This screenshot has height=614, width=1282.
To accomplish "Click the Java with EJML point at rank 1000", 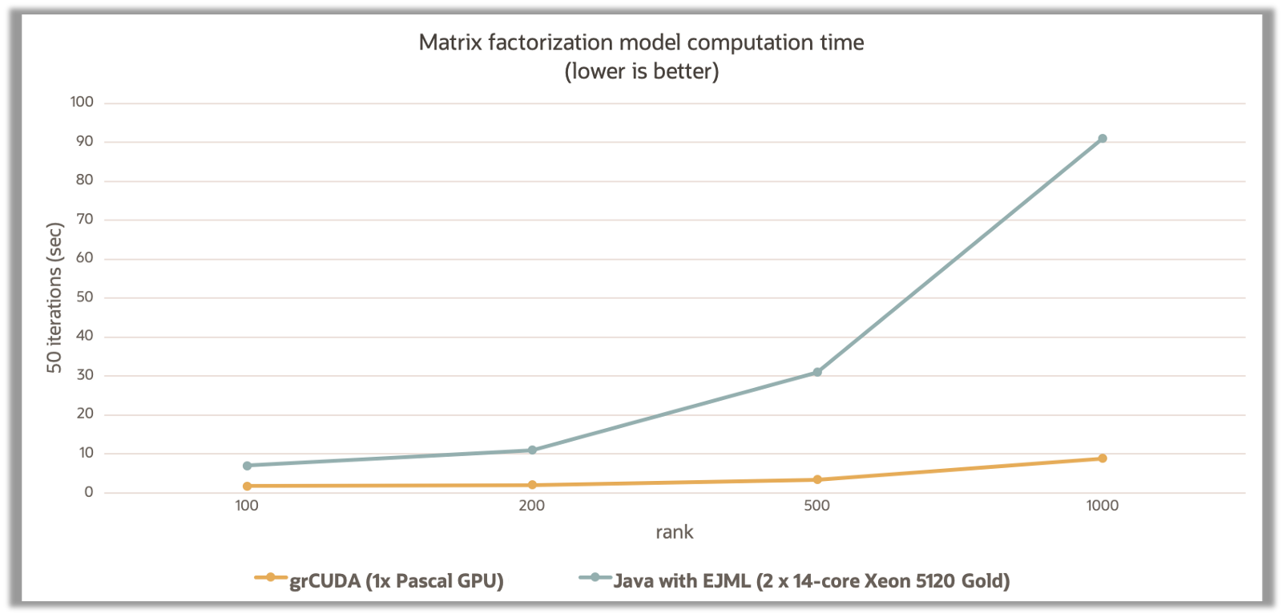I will (1103, 139).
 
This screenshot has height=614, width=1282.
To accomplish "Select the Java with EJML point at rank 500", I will (817, 372).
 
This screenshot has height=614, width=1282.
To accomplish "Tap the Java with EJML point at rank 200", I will (532, 450).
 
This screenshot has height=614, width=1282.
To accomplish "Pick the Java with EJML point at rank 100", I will (247, 466).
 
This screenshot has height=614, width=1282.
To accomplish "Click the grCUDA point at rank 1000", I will (1103, 458).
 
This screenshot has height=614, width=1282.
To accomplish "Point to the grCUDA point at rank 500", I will (817, 479).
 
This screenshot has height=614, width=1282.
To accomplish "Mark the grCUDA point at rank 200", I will (532, 485).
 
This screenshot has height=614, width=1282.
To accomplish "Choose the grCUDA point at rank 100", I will (247, 486).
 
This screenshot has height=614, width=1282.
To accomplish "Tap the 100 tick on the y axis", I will (82, 102).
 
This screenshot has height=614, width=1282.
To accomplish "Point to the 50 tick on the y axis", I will (85, 297).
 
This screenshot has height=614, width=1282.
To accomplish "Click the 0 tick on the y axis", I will (89, 492).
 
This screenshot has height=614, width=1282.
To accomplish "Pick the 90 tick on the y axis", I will (85, 141).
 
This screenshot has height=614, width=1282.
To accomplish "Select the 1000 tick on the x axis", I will (1103, 506).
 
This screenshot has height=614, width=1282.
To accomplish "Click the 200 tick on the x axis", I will (532, 506).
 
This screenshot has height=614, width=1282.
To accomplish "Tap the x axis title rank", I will (675, 532).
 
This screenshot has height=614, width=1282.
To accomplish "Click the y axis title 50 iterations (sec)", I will (54, 297).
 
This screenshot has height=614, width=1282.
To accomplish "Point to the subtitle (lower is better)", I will (642, 71).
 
